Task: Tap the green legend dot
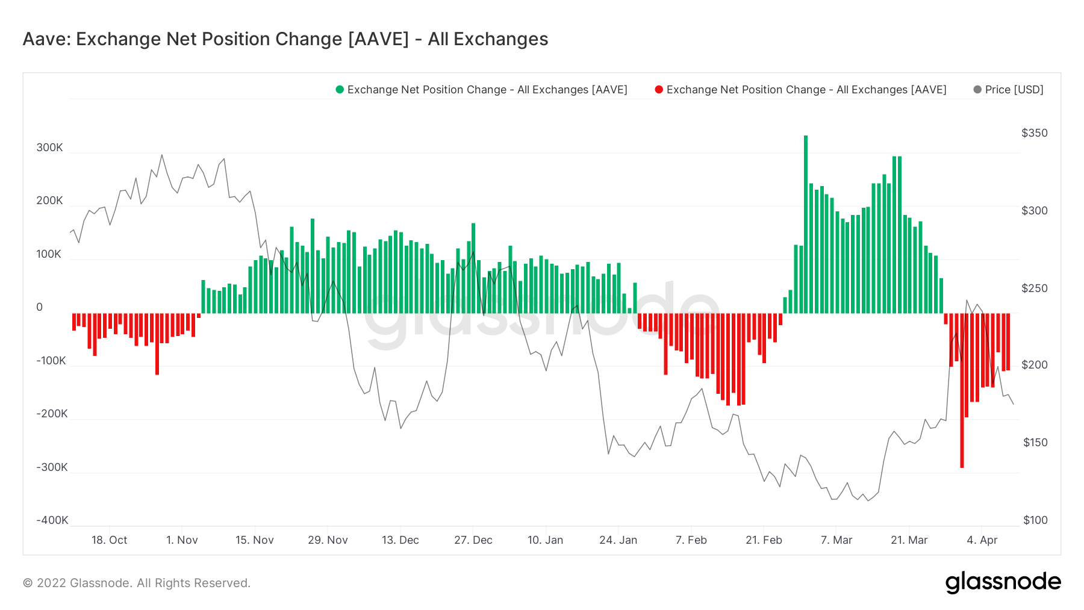click(340, 90)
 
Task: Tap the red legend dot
click(659, 90)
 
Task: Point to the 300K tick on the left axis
click(49, 148)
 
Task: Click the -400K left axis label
click(52, 520)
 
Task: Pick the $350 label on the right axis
click(1034, 133)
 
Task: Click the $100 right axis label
click(1035, 520)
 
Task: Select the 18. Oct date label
click(109, 540)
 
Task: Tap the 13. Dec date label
click(400, 540)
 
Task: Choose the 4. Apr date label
click(982, 540)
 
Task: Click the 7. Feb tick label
click(691, 540)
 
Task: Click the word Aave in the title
click(46, 39)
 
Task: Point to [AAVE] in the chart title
click(378, 39)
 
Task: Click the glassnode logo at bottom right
click(1003, 582)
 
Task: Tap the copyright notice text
click(136, 583)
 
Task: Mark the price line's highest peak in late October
click(161, 155)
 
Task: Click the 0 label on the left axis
click(40, 307)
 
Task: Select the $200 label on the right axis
click(1034, 365)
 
